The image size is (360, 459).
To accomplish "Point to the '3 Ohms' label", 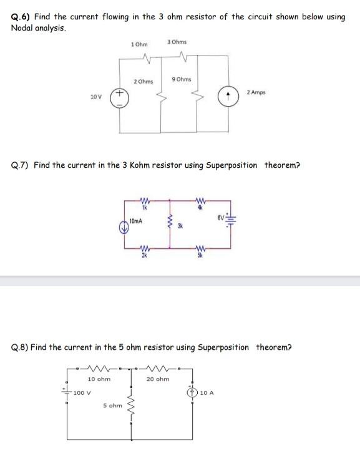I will [x=177, y=42].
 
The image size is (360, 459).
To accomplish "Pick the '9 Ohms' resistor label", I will [x=181, y=79].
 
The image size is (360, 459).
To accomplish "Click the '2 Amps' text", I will [x=256, y=92].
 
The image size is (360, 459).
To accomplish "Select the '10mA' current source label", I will [x=136, y=221].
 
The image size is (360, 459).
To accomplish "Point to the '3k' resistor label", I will [x=180, y=227].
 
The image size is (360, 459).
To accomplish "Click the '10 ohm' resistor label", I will [x=99, y=379].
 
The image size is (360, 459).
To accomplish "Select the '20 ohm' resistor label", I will [x=157, y=379].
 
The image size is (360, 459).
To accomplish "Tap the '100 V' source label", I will [x=82, y=392].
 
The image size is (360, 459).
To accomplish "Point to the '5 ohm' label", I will [x=113, y=405].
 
